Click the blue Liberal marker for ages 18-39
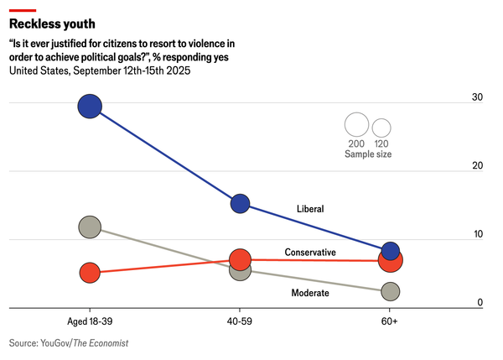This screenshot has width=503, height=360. (x=90, y=106)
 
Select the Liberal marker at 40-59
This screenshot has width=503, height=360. (x=240, y=202)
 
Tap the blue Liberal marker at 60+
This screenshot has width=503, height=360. (x=390, y=251)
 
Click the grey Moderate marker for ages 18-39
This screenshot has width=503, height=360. (x=90, y=227)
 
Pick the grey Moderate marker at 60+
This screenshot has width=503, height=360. (x=390, y=291)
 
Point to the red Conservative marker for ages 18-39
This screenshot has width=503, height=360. (x=90, y=273)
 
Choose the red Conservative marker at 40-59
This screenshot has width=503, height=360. (x=240, y=260)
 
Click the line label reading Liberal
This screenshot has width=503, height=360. (x=310, y=209)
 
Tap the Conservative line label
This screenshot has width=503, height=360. (x=310, y=252)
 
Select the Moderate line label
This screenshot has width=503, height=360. (x=309, y=293)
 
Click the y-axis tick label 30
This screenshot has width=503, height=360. (x=477, y=98)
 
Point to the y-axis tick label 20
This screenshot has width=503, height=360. (x=477, y=166)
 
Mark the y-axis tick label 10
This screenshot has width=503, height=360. (x=477, y=234)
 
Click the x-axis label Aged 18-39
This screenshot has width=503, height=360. (x=90, y=321)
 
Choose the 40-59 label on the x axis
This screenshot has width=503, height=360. (x=240, y=321)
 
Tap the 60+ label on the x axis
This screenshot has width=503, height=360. (x=390, y=321)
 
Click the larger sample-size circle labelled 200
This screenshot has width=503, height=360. (x=356, y=125)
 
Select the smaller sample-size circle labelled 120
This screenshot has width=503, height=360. (x=381, y=128)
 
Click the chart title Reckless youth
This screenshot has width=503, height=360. (x=52, y=23)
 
